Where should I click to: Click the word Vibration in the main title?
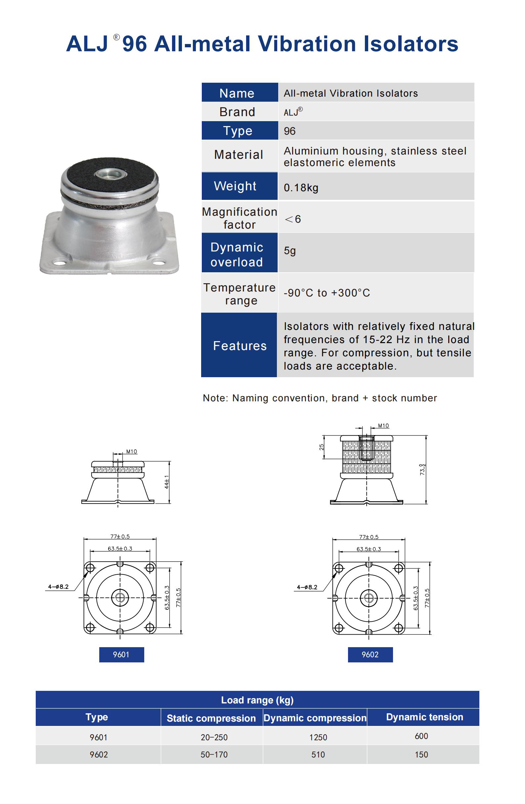click(x=306, y=44)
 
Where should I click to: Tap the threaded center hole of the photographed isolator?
click(x=110, y=174)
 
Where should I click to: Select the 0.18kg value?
click(x=301, y=188)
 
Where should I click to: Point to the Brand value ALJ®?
click(x=292, y=112)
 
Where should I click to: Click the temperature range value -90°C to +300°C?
click(x=327, y=292)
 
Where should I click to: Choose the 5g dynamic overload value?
click(x=289, y=251)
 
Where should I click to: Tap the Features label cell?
click(x=239, y=345)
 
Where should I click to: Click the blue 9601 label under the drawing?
click(x=121, y=654)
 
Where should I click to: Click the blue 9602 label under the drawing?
click(x=370, y=654)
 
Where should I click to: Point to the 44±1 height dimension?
click(x=166, y=482)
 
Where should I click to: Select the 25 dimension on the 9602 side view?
click(x=321, y=447)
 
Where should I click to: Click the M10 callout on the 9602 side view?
click(x=383, y=425)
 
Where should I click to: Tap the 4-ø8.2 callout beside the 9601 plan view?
click(x=58, y=587)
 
